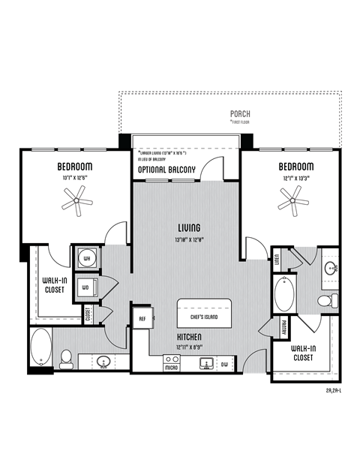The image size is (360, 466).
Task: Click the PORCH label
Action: click(x=241, y=115)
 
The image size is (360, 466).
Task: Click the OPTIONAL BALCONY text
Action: click(x=166, y=170)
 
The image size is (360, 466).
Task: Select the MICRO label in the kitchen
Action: click(x=172, y=368)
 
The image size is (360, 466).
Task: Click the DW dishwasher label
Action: click(x=224, y=365)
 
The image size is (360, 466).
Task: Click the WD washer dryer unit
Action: click(x=86, y=286)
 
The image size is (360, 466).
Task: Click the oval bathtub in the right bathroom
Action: click(x=284, y=295)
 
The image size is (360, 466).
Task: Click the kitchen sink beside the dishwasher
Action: click(x=203, y=364)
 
